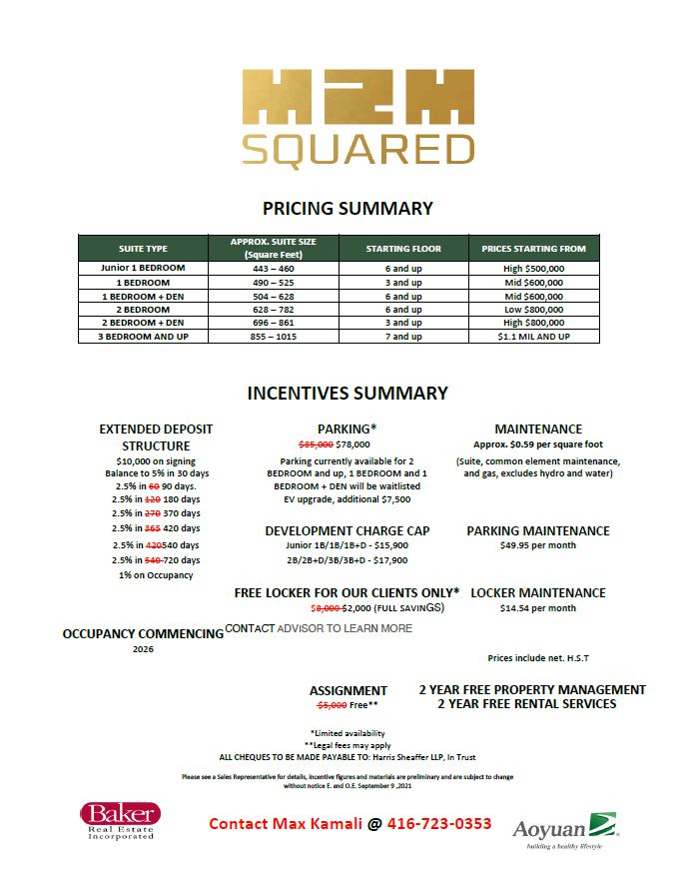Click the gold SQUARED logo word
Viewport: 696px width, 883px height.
click(x=356, y=149)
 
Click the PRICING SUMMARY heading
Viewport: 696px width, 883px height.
click(x=348, y=209)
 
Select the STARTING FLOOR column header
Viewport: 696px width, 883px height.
click(x=402, y=248)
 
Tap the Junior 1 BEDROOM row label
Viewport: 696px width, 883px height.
click(x=143, y=269)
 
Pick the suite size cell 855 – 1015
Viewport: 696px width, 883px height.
click(x=273, y=337)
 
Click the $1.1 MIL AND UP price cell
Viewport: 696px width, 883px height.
click(x=533, y=337)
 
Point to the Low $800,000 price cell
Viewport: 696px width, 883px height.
click(x=533, y=310)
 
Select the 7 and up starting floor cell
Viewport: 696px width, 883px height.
click(x=402, y=337)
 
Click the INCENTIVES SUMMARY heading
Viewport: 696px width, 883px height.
click(x=348, y=394)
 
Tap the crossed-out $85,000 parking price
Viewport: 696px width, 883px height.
click(x=317, y=444)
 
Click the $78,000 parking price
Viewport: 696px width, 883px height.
click(x=353, y=444)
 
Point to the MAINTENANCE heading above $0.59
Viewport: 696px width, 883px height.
click(x=538, y=430)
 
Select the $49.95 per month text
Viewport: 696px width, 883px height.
click(x=538, y=546)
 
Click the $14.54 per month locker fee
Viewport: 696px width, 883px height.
click(x=538, y=608)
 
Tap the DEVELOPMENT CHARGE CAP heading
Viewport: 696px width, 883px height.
click(x=348, y=531)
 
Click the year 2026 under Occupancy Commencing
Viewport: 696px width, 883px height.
click(x=143, y=649)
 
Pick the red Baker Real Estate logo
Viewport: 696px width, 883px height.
click(x=120, y=820)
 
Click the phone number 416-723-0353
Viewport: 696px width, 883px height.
click(x=439, y=824)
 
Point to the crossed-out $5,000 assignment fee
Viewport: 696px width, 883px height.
click(x=332, y=705)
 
